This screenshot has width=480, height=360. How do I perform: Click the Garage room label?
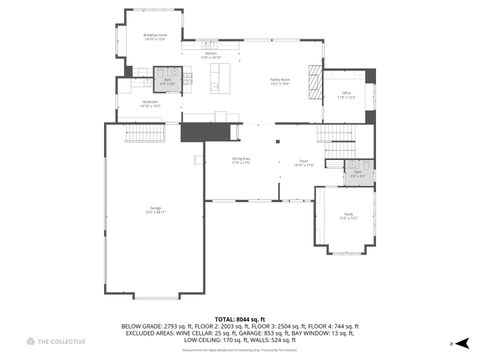coord(155,210)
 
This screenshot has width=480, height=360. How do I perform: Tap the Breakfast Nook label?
coord(155,37)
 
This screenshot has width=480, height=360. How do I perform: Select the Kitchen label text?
coord(211,55)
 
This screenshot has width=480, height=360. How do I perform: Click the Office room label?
coord(345,97)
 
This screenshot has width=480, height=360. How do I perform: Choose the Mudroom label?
coord(151,103)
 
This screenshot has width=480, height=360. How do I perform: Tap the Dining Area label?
coord(241,161)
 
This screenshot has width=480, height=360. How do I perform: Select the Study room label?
coord(347,215)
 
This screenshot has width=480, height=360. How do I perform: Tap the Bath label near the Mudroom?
coord(168,80)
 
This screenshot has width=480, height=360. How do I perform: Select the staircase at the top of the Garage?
coord(143,132)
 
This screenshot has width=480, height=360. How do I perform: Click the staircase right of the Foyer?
coord(336,133)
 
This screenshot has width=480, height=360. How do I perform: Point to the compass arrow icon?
coord(452,343)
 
